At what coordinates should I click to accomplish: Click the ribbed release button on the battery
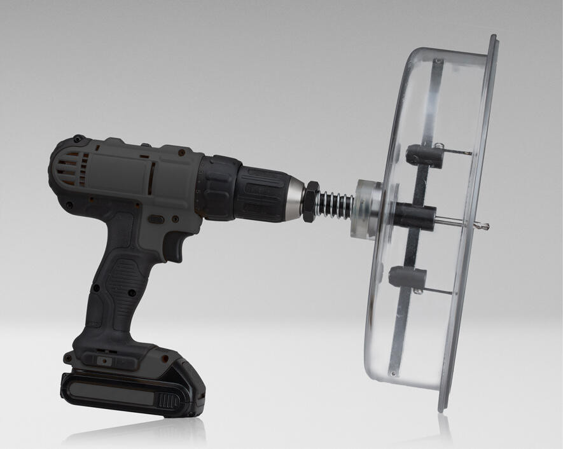click(x=169, y=401)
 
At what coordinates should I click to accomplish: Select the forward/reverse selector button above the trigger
click(x=156, y=219)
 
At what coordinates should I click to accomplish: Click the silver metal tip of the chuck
click(x=295, y=198)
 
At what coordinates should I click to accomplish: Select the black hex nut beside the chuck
click(x=310, y=202)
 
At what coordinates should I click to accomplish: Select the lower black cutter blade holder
click(x=407, y=277)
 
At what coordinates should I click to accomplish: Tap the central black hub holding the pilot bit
click(x=414, y=216)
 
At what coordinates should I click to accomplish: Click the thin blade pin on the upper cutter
click(x=458, y=152)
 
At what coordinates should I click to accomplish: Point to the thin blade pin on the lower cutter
click(x=439, y=292)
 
